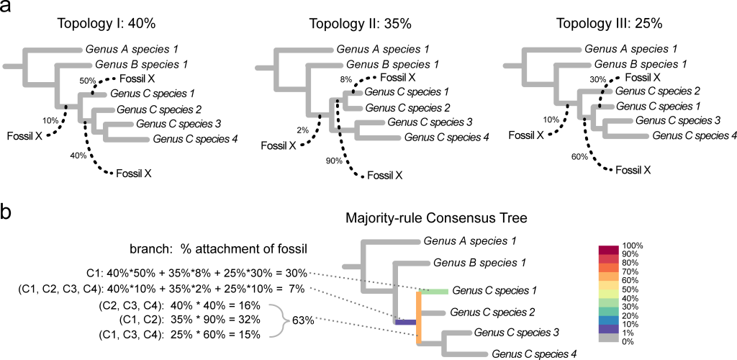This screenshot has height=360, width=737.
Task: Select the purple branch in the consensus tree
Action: tap(405, 322)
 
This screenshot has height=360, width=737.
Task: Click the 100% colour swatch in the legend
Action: tap(608, 248)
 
